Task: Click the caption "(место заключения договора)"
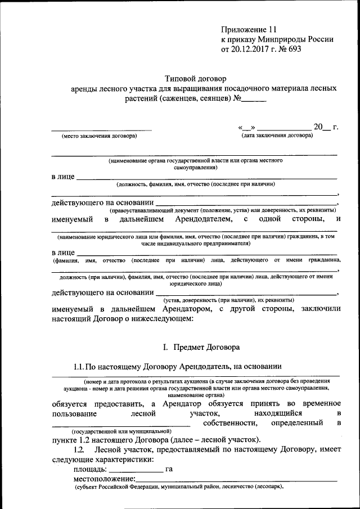tap(99, 136)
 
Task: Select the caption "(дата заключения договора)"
tap(277, 136)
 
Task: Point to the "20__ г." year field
tap(326, 127)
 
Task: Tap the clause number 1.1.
tap(79, 367)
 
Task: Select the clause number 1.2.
tap(79, 449)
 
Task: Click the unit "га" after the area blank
tap(169, 469)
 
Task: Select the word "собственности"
tap(233, 422)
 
